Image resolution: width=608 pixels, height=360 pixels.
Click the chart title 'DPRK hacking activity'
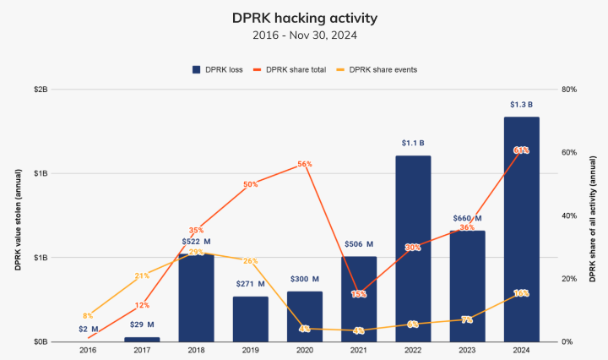(303, 17)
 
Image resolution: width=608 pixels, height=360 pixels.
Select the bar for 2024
(521, 229)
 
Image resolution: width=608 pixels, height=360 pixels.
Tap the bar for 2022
(413, 248)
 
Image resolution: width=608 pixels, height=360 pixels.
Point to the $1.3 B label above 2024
(521, 105)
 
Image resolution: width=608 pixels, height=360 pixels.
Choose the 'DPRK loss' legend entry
(218, 69)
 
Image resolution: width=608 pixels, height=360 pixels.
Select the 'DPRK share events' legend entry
(377, 69)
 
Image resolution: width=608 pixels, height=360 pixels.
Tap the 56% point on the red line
(305, 164)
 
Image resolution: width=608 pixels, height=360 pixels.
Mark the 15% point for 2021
(359, 294)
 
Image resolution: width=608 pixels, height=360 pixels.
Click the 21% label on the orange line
(142, 275)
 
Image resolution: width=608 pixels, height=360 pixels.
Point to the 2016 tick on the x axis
(88, 350)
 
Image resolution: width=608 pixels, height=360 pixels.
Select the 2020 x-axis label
(305, 350)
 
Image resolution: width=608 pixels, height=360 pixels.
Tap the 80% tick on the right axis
(570, 89)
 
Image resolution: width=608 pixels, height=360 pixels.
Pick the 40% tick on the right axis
(570, 215)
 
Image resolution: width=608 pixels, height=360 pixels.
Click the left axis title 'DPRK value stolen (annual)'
(17, 215)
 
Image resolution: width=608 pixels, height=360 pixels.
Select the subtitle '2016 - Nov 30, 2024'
(303, 35)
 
